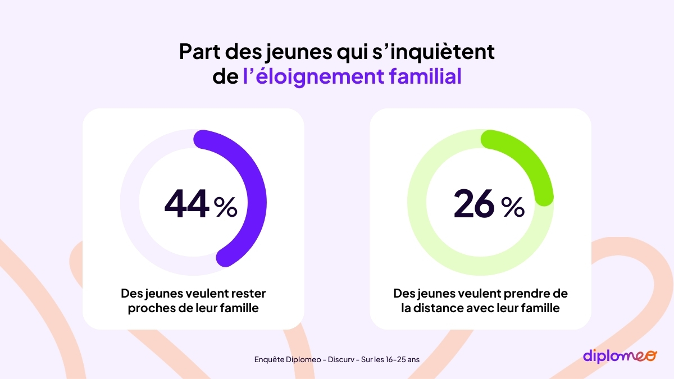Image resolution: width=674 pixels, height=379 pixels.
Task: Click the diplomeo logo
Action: tap(619, 356)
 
